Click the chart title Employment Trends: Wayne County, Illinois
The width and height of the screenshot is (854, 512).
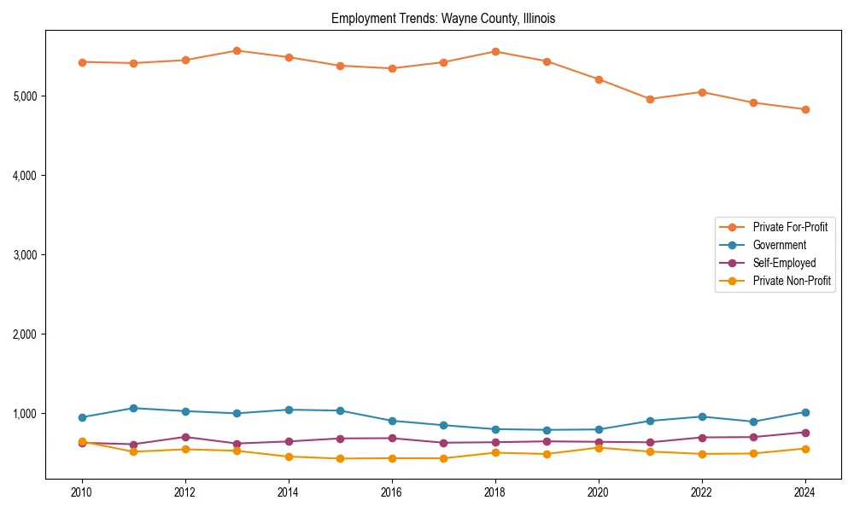pos(443,19)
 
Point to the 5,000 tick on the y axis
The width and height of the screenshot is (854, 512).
pos(25,96)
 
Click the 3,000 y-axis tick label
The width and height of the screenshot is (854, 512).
pos(25,255)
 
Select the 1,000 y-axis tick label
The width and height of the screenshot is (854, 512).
pos(25,414)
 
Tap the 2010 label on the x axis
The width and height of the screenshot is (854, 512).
pos(82,492)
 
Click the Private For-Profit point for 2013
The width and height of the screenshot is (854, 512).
pos(237,50)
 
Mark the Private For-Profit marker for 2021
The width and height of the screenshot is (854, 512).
pos(650,99)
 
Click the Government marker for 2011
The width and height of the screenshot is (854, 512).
pos(133,408)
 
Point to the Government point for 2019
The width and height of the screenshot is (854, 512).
pos(547,430)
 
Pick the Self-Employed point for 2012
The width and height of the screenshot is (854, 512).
pos(185,437)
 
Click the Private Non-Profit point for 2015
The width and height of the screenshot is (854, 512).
pos(340,458)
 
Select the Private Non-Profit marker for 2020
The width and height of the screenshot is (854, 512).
pos(599,448)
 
